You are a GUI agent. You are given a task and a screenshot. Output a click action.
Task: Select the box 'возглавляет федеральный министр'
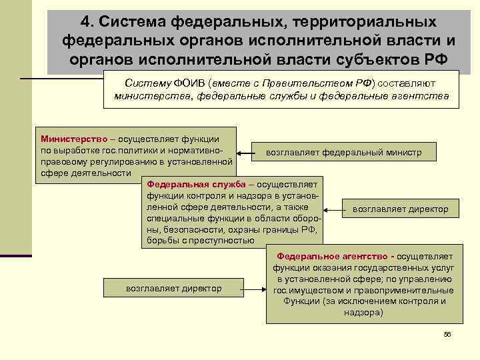(343, 153)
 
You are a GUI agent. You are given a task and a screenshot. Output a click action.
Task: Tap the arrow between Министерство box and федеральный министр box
(245, 155)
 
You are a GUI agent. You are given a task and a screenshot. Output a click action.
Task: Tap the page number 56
(447, 334)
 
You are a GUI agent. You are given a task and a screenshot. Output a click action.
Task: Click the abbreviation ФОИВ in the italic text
(190, 83)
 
